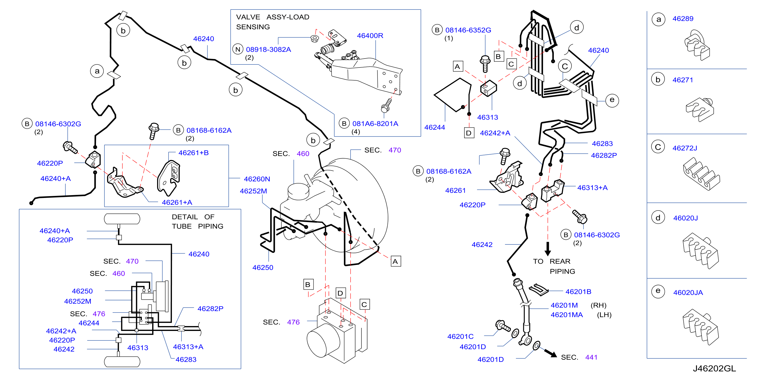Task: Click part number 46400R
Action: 370,36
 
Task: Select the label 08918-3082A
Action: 268,49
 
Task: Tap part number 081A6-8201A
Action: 375,123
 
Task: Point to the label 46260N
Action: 257,179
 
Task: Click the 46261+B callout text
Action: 193,153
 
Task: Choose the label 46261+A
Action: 177,203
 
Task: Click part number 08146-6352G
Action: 468,30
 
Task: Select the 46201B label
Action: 578,292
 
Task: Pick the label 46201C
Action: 460,336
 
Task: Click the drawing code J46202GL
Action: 714,368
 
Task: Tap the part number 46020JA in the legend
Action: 688,293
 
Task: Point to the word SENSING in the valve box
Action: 253,27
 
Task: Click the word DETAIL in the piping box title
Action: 185,217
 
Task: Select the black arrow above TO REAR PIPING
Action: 548,249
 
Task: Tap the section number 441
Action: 591,357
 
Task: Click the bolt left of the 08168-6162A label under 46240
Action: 153,131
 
